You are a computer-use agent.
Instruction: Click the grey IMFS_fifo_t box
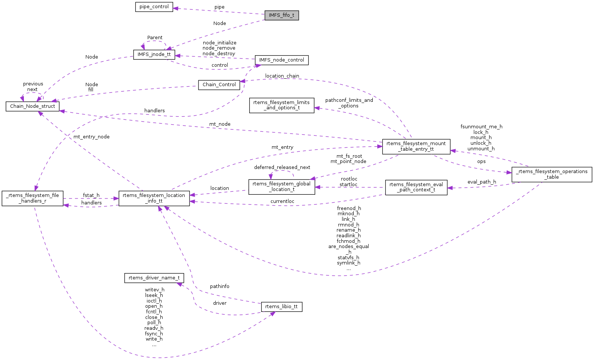pos(282,16)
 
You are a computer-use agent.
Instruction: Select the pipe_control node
pos(154,7)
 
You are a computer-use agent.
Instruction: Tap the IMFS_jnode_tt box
pos(154,54)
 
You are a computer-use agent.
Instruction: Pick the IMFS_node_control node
pos(282,60)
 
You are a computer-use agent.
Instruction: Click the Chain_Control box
pos(219,85)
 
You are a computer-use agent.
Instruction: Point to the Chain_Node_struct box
pos(32,106)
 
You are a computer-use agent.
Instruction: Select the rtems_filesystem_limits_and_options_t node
pos(282,105)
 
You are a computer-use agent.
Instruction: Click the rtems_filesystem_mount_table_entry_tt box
pos(416,146)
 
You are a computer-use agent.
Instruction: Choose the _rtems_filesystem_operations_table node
pos(552,174)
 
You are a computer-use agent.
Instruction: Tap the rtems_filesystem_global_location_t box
pos(282,187)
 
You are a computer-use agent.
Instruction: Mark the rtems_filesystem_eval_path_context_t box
pos(416,187)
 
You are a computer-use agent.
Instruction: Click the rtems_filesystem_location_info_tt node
pos(154,198)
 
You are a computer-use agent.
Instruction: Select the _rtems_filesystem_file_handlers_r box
pos(32,198)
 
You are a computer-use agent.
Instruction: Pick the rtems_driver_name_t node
pos(154,278)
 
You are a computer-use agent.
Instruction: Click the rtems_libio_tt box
pos(282,307)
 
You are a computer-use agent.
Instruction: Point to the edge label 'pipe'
pos(219,7)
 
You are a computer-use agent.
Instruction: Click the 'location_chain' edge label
pos(282,76)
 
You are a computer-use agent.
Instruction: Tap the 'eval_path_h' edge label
pos(482,182)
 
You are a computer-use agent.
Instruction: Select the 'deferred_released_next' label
pos(282,168)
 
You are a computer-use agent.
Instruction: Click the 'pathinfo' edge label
pos(219,287)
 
